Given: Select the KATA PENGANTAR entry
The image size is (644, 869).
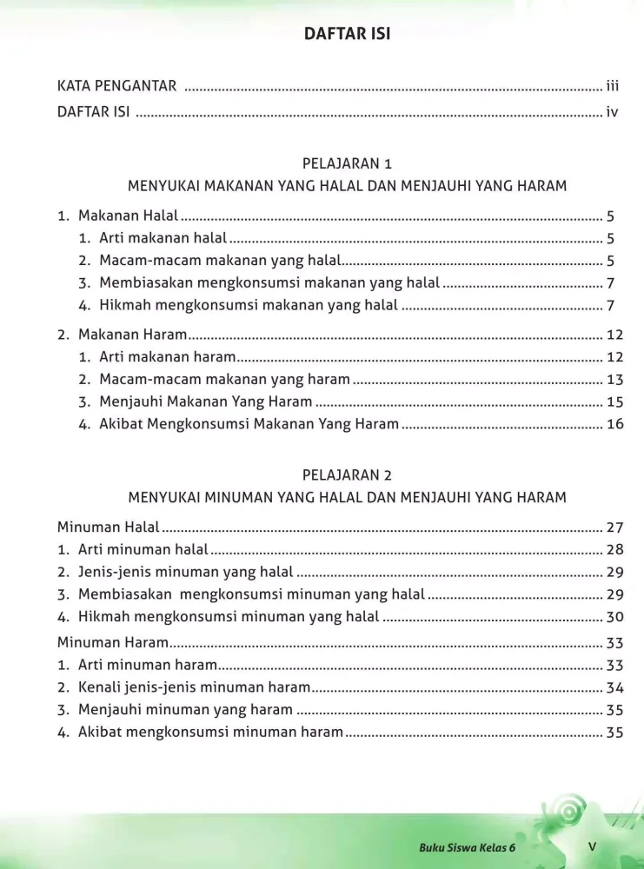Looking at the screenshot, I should coord(116,85).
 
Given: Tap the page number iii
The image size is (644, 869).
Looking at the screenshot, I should coord(612,85).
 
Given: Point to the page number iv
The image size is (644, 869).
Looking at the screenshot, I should coord(612,111).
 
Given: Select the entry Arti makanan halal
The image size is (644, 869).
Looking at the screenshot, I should coord(163,238).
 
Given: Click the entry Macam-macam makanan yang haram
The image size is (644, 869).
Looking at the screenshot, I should coord(224,379).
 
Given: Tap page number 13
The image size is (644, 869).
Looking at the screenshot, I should coord(615,379).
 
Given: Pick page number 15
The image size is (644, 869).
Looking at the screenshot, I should coord(615,401).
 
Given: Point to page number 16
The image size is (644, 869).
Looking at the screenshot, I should coord(615,424).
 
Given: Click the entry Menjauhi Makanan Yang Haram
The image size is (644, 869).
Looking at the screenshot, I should coord(205,401).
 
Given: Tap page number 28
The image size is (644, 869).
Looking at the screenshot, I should coord(615,549).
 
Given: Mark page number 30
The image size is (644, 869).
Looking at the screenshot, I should coord(615,617).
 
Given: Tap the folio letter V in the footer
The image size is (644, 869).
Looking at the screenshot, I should coord(591,846).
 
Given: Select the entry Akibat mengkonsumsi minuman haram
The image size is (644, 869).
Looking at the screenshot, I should coord(210,732).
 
